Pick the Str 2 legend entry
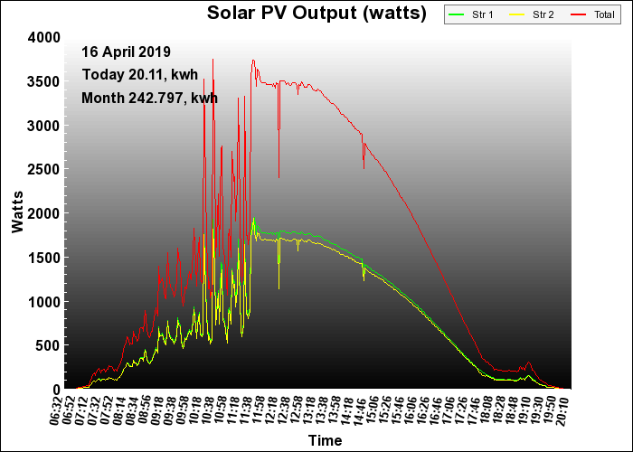tap(530, 15)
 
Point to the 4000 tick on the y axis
tap(44, 37)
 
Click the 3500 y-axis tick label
tap(44, 81)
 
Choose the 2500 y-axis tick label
tap(44, 169)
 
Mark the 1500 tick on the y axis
tap(44, 258)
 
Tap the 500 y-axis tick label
tap(48, 345)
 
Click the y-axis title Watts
tap(17, 212)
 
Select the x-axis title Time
tap(325, 441)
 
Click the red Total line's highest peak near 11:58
tap(253, 61)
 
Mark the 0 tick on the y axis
tap(56, 390)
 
